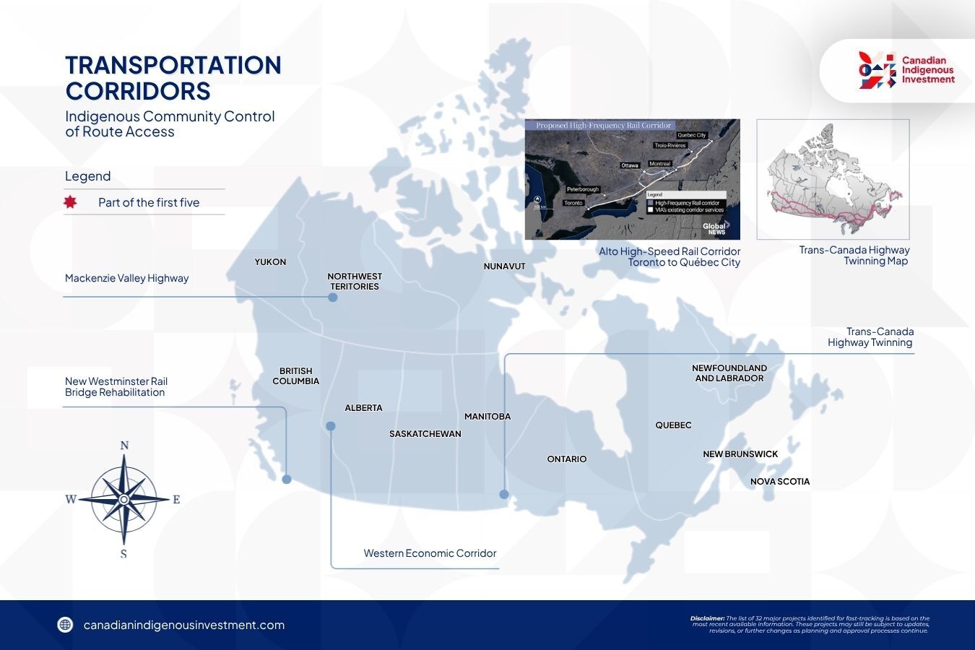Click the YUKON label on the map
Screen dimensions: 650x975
click(x=270, y=262)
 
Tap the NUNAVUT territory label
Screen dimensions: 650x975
click(x=504, y=266)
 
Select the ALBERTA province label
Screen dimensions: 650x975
click(x=363, y=408)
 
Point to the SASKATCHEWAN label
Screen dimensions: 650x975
click(x=425, y=434)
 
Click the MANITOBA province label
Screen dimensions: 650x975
click(x=487, y=417)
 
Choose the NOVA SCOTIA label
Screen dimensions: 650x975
click(x=780, y=482)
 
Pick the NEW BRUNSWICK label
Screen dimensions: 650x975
click(x=740, y=454)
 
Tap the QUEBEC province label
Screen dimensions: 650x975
click(x=673, y=425)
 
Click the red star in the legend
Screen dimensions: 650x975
click(x=70, y=202)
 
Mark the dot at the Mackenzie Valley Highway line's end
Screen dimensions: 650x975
click(x=333, y=297)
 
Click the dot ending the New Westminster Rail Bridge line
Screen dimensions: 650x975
click(x=287, y=480)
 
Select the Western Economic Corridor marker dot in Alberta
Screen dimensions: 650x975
click(x=331, y=426)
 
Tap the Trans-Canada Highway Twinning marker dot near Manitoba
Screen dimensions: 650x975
click(x=504, y=495)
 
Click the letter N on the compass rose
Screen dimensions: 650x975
click(x=124, y=446)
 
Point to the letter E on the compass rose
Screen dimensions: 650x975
click(x=176, y=499)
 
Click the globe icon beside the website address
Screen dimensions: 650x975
click(x=66, y=625)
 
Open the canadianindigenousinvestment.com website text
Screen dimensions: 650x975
click(x=184, y=625)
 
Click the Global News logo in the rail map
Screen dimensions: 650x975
click(x=714, y=229)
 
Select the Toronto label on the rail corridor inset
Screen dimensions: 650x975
click(x=573, y=203)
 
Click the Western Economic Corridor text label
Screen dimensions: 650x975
click(x=430, y=553)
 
